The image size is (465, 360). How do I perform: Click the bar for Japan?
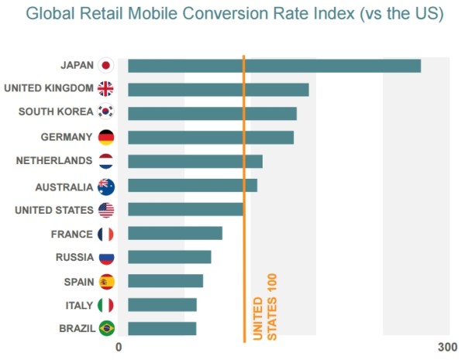274,66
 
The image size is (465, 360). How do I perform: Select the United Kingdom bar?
219,90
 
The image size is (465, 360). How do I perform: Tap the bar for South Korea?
212,114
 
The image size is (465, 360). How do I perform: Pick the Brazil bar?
162,328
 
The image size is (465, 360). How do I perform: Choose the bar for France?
175,233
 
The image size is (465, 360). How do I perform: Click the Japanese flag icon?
106,66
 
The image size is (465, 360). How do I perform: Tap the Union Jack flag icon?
106,89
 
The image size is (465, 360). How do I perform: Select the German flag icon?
106,138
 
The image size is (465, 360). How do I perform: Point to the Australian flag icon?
106,187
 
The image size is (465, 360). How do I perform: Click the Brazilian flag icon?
106,329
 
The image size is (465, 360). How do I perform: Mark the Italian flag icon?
106,305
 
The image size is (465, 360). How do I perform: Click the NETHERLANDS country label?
54,162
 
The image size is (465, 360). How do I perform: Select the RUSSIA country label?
74,258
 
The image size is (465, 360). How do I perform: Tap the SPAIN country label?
78,281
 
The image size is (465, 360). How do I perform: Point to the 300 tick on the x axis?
447,347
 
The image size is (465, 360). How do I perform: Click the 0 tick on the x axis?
119,347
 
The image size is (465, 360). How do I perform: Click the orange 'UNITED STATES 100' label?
265,307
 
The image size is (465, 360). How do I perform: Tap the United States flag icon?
106,210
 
